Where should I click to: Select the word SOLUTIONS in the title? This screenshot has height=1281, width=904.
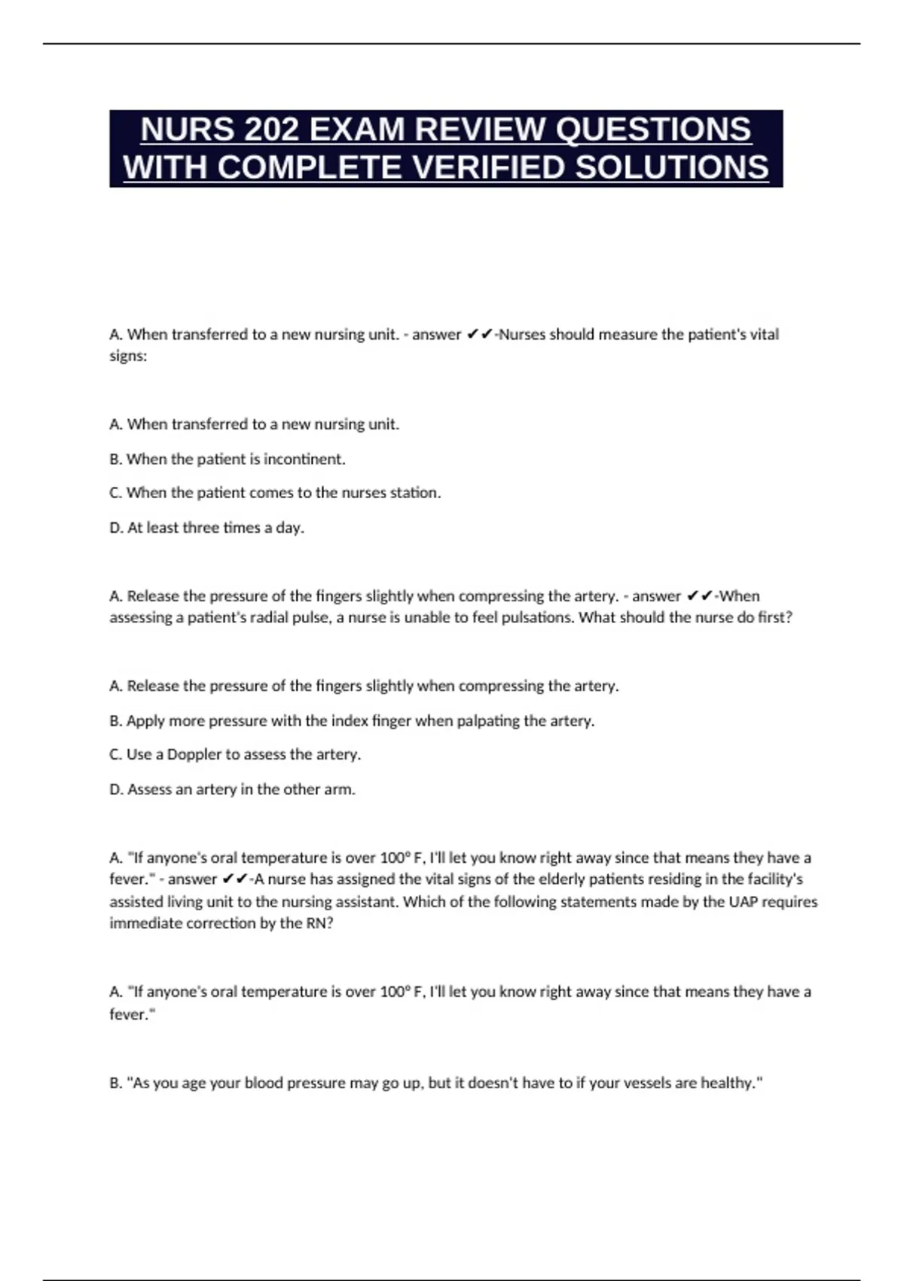click(672, 167)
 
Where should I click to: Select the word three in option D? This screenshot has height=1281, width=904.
click(200, 527)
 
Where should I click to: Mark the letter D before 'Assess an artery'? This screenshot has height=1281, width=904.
click(115, 789)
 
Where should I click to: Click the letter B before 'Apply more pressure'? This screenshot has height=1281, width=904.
click(115, 720)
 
